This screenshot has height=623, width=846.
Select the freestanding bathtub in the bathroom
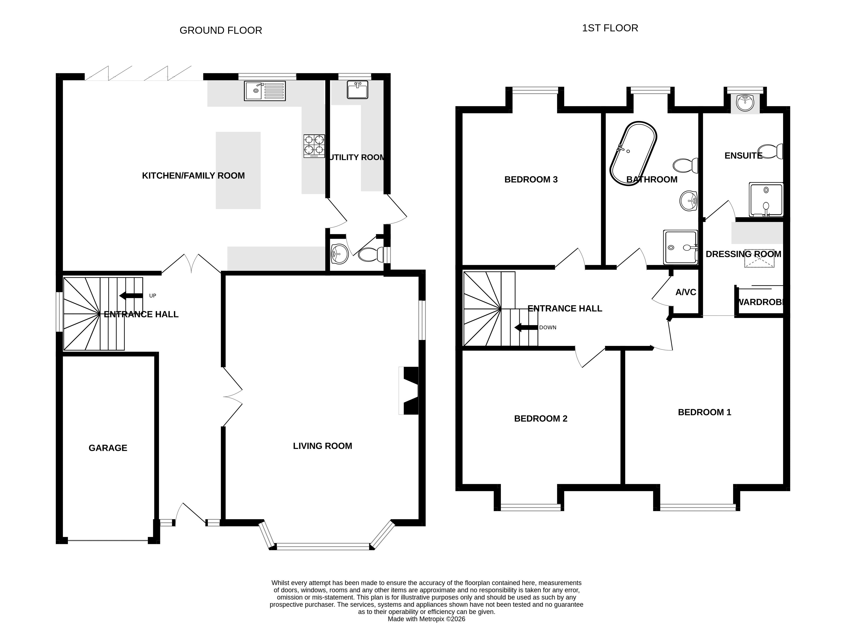[633, 153]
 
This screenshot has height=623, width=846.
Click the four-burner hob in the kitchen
[314, 146]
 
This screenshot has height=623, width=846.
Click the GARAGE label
[108, 448]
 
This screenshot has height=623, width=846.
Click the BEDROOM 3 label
[531, 179]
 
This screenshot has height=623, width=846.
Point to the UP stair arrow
[131, 296]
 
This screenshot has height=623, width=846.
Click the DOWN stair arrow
[526, 327]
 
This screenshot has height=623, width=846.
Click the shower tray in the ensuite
[766, 199]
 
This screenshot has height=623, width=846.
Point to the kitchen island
[238, 170]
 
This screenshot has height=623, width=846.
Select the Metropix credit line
[426, 619]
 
